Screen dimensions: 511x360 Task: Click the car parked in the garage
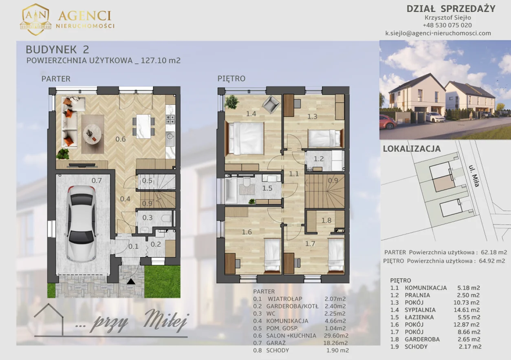(x=82, y=224)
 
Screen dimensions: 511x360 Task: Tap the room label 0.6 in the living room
(x=121, y=139)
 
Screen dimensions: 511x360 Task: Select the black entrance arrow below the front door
(x=131, y=281)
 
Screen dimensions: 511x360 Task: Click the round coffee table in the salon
(x=92, y=135)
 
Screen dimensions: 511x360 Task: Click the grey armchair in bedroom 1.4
(x=271, y=104)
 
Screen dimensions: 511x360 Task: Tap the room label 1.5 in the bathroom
(x=267, y=188)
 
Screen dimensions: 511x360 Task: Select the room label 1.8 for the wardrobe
(x=326, y=220)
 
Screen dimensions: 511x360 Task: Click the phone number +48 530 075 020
(x=447, y=25)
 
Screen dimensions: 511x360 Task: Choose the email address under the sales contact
(x=438, y=33)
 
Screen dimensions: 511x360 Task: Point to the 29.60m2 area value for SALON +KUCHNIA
(x=336, y=336)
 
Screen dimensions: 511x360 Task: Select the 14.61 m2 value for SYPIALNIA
(x=467, y=310)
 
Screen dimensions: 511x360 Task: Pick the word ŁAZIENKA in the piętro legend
(x=418, y=317)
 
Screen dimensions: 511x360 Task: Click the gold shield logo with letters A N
(x=35, y=20)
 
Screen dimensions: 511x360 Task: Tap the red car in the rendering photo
(x=388, y=122)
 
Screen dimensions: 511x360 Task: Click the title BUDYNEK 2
(x=57, y=50)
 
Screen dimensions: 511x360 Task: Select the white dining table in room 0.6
(x=143, y=126)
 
